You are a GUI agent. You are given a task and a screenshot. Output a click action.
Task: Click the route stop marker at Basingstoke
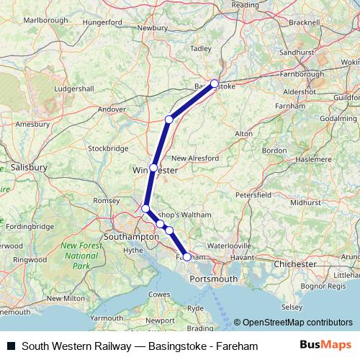point(214,84)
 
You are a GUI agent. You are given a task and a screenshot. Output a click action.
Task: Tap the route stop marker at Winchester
point(153,167)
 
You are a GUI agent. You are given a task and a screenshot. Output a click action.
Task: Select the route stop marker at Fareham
point(186,256)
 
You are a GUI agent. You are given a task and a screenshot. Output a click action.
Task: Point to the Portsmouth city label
point(214,279)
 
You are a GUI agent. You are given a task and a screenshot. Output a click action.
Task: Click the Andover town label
point(112,109)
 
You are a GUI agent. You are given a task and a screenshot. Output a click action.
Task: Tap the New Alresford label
point(194,158)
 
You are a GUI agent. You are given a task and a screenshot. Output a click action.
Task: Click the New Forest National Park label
point(79,256)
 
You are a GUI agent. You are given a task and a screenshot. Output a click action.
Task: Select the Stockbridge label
point(108,148)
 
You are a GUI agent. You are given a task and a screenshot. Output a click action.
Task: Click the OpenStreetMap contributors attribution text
point(297,323)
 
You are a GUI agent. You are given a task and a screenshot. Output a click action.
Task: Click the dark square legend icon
point(11,346)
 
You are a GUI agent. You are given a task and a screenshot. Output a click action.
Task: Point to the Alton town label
point(244,134)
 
